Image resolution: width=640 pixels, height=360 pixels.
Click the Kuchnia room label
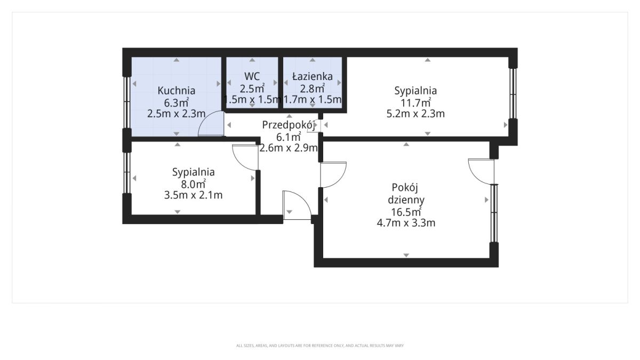[177, 91]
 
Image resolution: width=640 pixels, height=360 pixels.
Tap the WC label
[252, 77]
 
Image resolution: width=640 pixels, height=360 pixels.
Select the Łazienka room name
[313, 76]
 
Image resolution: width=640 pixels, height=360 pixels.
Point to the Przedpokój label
[289, 125]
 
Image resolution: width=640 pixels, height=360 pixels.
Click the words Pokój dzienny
[406, 194]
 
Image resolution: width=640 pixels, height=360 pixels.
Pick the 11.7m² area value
[415, 102]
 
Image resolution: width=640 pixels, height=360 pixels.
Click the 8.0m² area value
[194, 183]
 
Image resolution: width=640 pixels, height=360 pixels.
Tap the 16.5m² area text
[406, 212]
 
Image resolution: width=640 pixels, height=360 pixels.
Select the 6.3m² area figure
[177, 102]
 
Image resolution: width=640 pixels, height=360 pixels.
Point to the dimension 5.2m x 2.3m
[415, 114]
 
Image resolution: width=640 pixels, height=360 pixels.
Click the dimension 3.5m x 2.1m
[194, 195]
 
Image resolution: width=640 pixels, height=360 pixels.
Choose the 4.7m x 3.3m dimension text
[406, 223]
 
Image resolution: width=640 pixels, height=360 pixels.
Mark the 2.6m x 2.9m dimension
[289, 148]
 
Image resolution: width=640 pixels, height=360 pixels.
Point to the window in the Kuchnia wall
[126, 102]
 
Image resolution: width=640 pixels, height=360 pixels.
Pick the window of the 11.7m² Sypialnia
[513, 93]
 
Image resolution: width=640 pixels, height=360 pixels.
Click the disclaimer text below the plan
[320, 346]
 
